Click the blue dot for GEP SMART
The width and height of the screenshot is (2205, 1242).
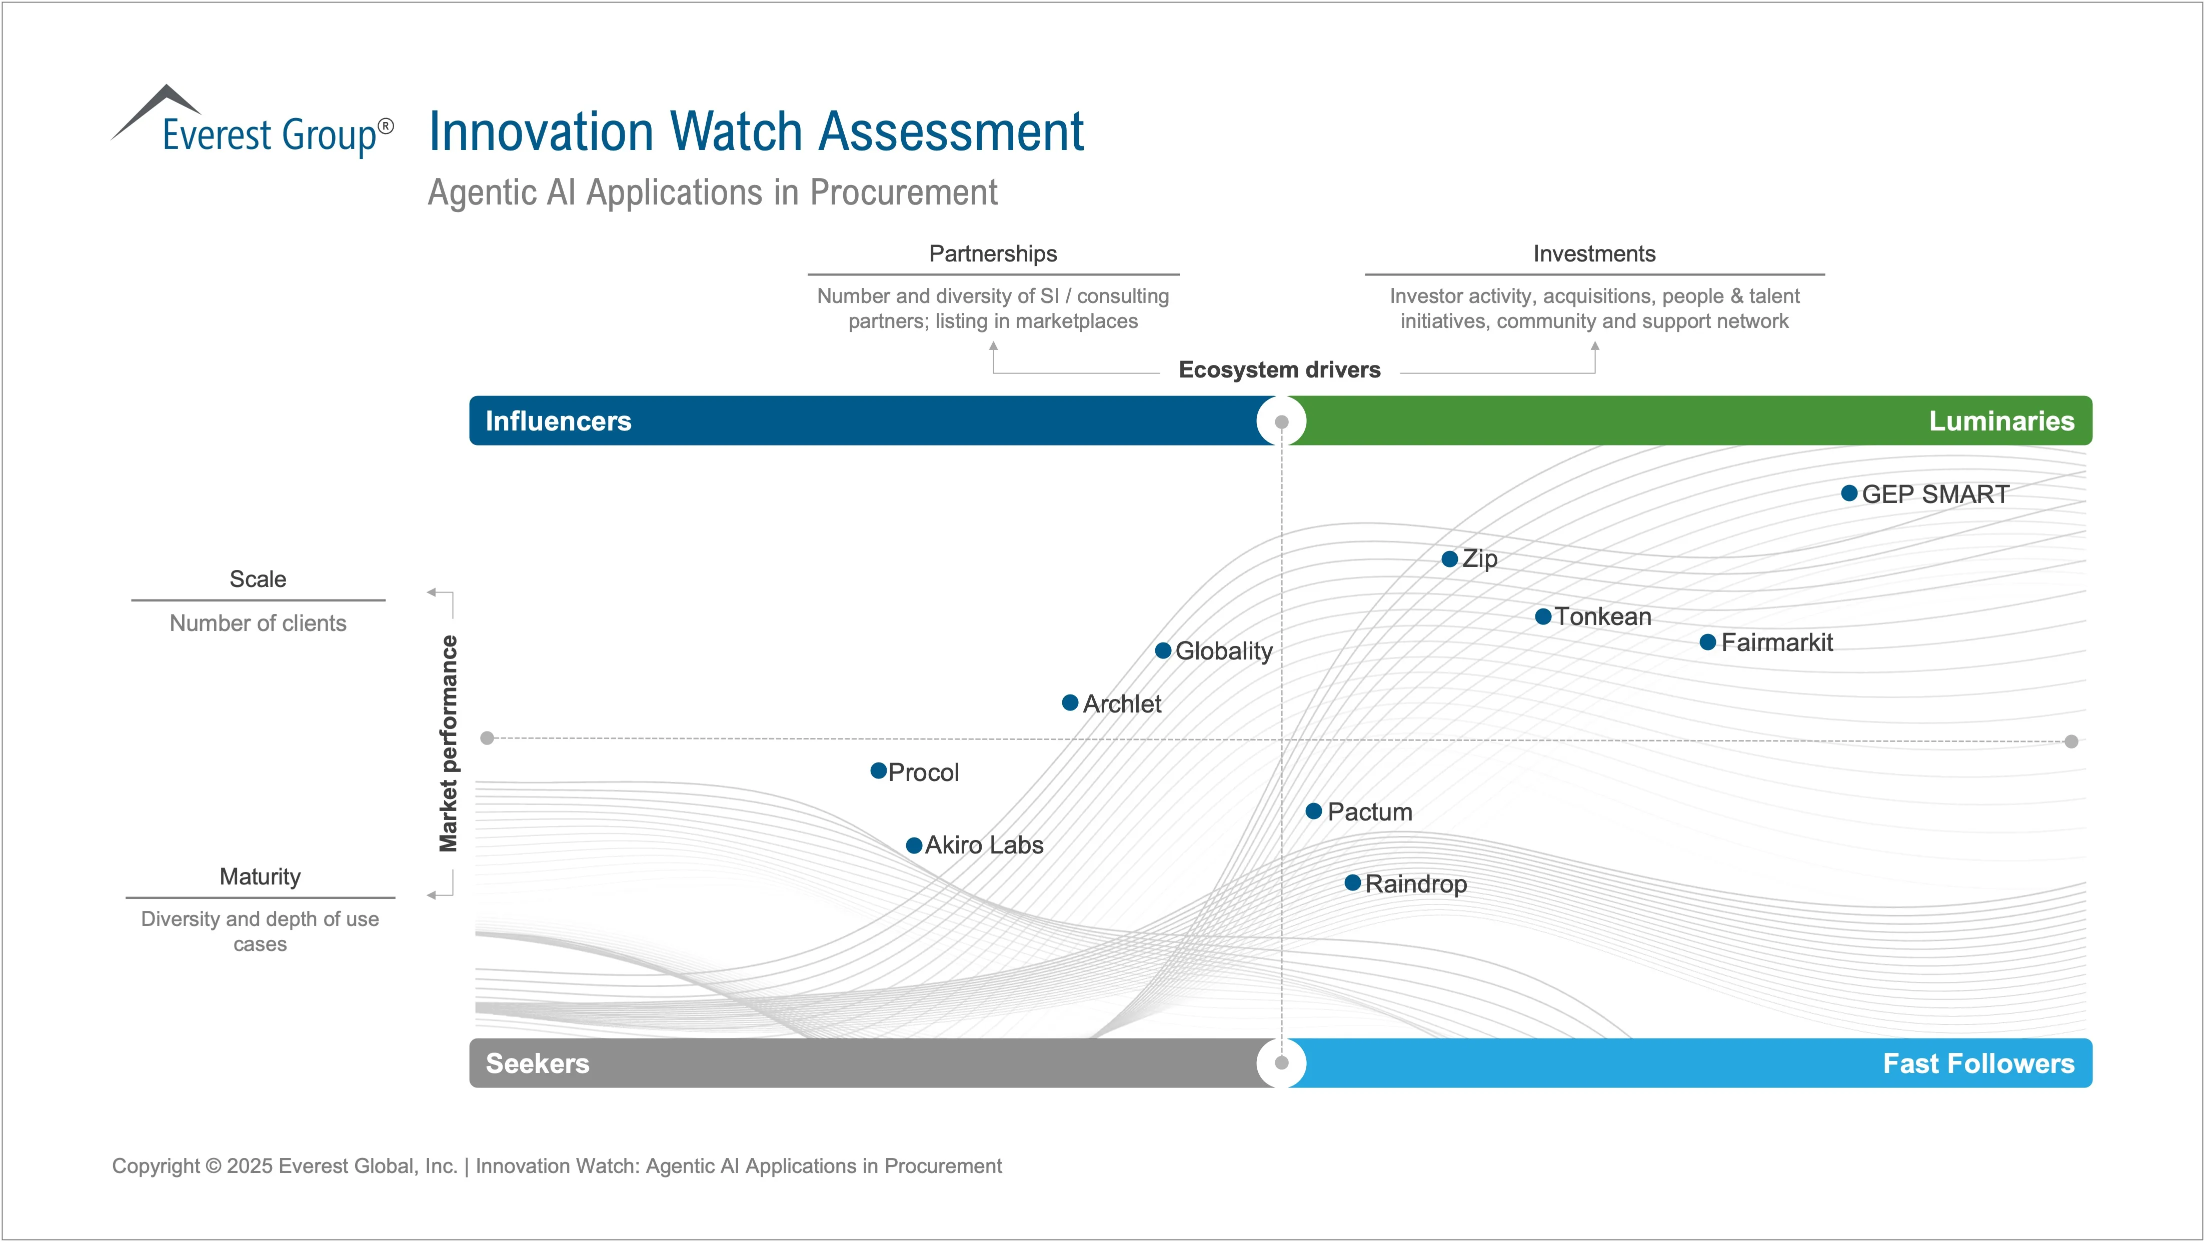pyautogui.click(x=1849, y=493)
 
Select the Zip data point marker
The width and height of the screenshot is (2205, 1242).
pyautogui.click(x=1449, y=559)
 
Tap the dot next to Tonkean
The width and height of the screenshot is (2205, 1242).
pyautogui.click(x=1543, y=616)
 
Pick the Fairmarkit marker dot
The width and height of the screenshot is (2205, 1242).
pyautogui.click(x=1708, y=642)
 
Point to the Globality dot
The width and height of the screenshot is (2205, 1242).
pyautogui.click(x=1163, y=650)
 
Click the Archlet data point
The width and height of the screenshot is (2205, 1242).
pyautogui.click(x=1070, y=702)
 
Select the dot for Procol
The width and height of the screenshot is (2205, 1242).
pyautogui.click(x=878, y=771)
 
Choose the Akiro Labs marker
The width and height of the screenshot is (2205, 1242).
pyautogui.click(x=914, y=845)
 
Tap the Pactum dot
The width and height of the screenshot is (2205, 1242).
pyautogui.click(x=1314, y=810)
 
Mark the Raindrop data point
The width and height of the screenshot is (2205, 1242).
pyautogui.click(x=1352, y=882)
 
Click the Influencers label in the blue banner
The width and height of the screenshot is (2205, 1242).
pyautogui.click(x=558, y=421)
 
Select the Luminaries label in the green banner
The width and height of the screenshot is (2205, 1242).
pyautogui.click(x=2001, y=421)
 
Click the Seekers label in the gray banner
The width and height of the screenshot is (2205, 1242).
pyautogui.click(x=538, y=1063)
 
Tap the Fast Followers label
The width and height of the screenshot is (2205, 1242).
pyautogui.click(x=1978, y=1063)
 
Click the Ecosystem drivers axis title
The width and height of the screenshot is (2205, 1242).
pyautogui.click(x=1279, y=370)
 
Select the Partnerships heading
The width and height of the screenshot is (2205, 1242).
pyautogui.click(x=993, y=253)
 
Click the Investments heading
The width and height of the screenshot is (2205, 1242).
pyautogui.click(x=1594, y=253)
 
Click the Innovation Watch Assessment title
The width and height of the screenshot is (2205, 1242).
pyautogui.click(x=756, y=132)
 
